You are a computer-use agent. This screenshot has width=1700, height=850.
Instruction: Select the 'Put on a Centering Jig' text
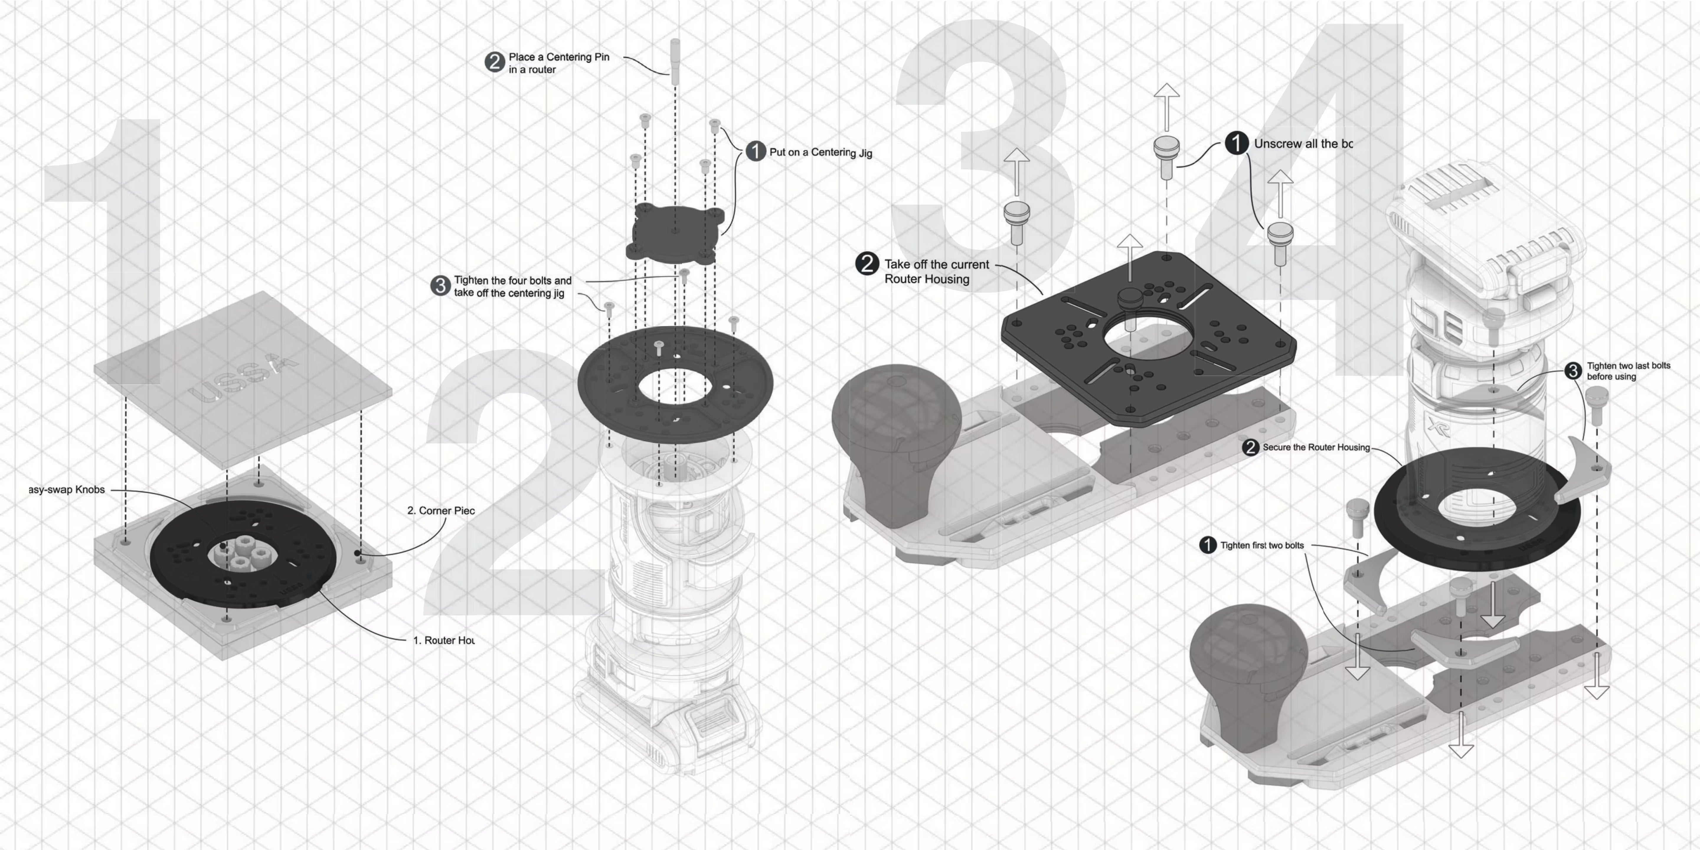820,153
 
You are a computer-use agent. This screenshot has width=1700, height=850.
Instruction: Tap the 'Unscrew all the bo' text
1303,144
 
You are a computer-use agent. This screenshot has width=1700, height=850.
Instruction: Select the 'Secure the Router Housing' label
1316,447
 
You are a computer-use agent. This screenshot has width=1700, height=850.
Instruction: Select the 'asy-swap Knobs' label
67,490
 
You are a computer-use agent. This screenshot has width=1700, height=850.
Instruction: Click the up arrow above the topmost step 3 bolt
1166,106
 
